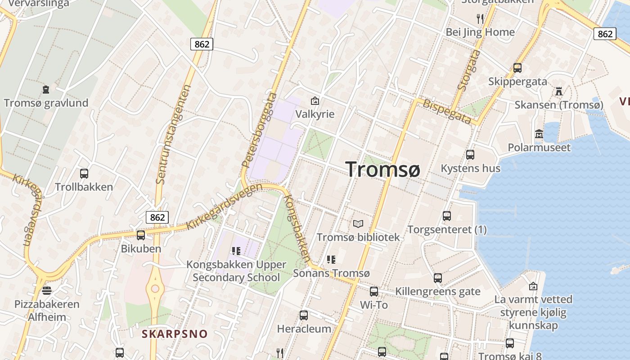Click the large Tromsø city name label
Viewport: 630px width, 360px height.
[383, 169]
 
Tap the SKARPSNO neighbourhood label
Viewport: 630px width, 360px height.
[175, 334]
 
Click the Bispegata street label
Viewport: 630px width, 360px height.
[447, 112]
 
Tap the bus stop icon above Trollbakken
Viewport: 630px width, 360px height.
[84, 173]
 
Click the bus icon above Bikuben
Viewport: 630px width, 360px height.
[141, 235]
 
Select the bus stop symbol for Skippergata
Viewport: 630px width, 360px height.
[517, 68]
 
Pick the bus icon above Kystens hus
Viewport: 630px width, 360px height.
[470, 155]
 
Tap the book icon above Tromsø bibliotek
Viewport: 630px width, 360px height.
[358, 224]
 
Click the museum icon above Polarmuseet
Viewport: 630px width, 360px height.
[539, 134]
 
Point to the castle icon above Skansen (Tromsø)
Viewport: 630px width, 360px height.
[559, 91]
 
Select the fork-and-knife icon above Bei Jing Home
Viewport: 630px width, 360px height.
[480, 18]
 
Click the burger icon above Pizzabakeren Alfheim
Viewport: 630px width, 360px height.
[46, 291]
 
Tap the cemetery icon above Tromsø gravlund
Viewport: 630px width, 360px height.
[46, 90]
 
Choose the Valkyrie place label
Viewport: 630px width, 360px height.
[315, 114]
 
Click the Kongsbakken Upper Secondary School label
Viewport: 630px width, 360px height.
[236, 271]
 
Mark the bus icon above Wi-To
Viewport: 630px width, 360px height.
[373, 291]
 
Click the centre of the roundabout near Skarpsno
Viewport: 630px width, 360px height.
[155, 288]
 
